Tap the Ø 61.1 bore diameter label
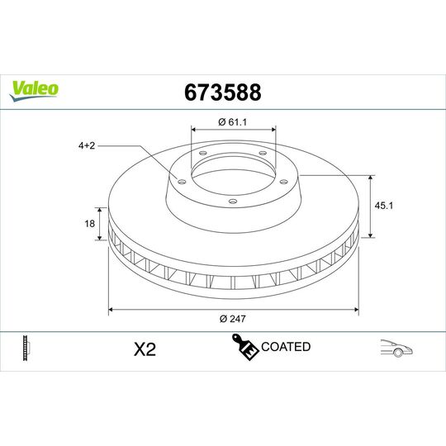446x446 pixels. click(x=234, y=123)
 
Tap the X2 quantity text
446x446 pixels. click(x=145, y=349)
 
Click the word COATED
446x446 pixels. click(x=285, y=347)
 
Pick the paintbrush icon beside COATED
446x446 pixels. click(x=243, y=347)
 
